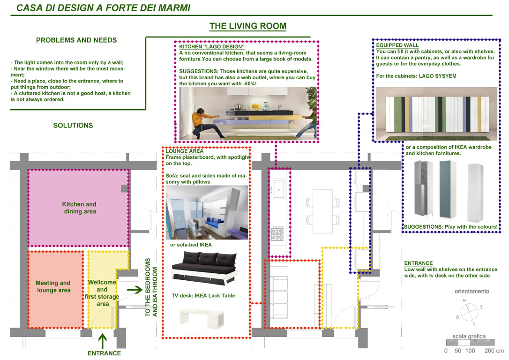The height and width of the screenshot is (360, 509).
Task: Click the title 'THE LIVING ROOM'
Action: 247,26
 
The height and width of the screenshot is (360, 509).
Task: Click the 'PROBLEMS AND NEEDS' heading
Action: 76,40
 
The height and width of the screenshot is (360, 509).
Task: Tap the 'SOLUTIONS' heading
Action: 73,126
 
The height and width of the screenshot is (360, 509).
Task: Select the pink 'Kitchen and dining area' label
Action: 79,208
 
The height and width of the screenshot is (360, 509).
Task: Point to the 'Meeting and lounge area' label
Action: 53,287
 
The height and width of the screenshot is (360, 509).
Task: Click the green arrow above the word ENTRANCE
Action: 103,341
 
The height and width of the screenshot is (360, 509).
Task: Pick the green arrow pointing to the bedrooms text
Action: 135,290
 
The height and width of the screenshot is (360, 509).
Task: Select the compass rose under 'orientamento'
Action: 469,312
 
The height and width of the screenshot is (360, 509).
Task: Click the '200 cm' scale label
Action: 494,351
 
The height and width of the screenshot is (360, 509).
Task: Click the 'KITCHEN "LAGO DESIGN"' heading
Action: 212,47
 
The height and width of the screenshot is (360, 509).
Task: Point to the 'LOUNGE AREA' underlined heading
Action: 185,151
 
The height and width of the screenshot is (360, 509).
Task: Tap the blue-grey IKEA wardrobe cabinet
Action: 448,189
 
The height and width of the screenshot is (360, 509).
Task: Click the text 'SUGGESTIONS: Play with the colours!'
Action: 450,227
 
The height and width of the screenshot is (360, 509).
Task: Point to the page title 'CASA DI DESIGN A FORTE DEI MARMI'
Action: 103,8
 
